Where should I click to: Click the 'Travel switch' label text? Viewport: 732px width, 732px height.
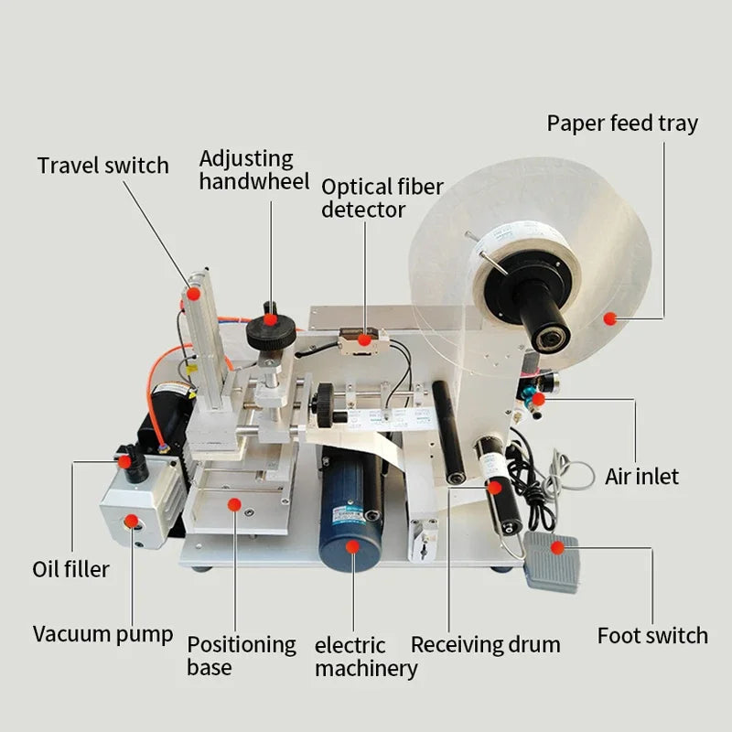[102, 166]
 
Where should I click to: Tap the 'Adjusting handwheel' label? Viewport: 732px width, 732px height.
[246, 170]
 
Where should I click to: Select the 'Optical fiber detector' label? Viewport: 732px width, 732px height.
[382, 198]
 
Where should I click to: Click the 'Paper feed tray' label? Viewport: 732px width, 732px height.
[622, 124]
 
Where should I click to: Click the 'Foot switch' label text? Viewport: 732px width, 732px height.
[652, 635]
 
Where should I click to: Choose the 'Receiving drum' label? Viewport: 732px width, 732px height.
[485, 644]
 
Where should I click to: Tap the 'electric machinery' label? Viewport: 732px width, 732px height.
[365, 657]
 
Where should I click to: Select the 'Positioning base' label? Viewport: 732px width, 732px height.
[242, 655]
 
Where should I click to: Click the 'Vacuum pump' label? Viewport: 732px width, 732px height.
[102, 633]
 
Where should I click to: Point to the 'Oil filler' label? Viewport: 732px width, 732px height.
[70, 569]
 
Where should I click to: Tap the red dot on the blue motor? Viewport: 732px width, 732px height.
[352, 546]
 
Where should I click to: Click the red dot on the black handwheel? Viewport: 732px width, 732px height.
[270, 320]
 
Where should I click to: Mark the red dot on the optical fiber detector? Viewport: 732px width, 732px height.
[364, 340]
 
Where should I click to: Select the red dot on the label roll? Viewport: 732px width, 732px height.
[609, 318]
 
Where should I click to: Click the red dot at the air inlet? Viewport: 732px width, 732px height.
[539, 399]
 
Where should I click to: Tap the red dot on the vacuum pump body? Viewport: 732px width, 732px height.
[132, 522]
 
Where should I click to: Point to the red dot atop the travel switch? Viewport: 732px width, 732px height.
[194, 294]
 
